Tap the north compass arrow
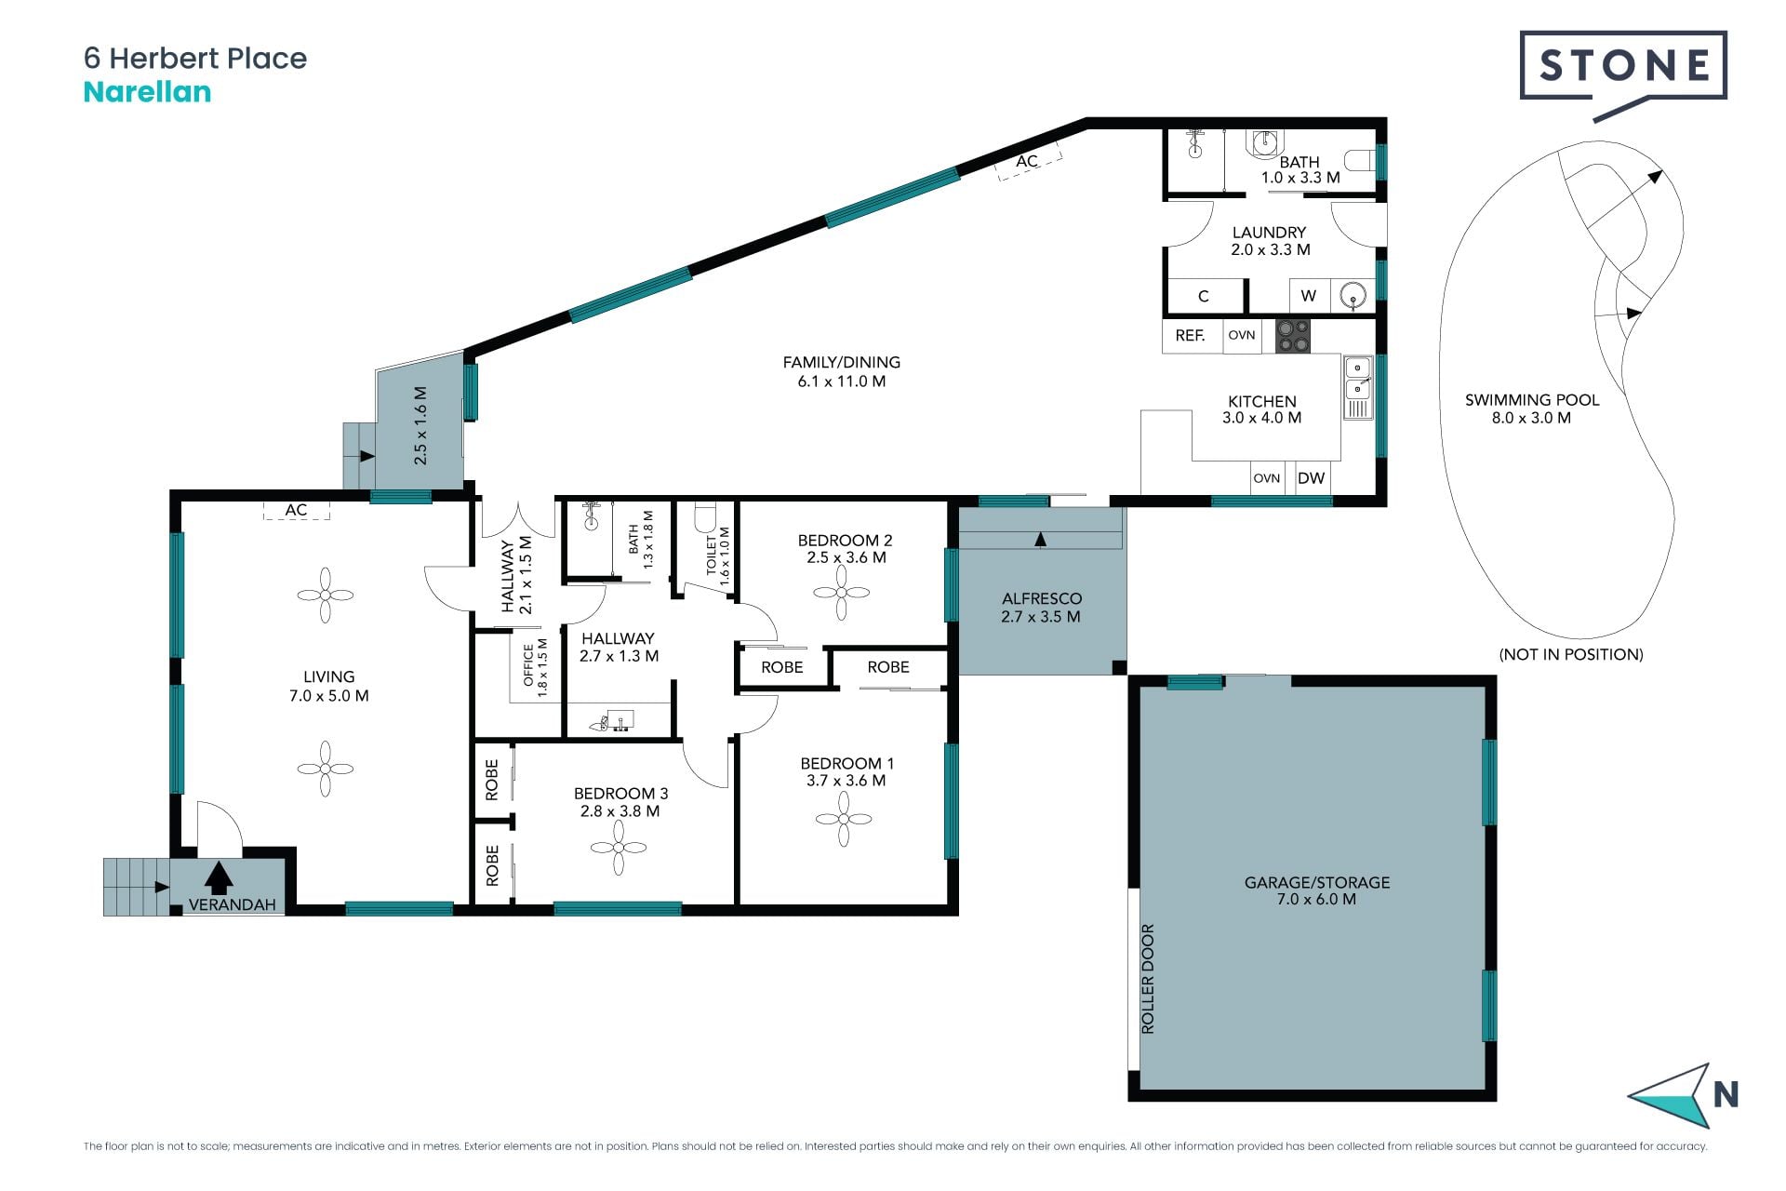[x=1671, y=1096]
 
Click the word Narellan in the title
[x=147, y=92]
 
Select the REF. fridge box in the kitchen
[x=1191, y=336]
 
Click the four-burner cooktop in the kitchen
[x=1293, y=336]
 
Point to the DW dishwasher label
[x=1311, y=478]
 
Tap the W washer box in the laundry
[x=1309, y=296]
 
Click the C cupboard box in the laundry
[x=1205, y=296]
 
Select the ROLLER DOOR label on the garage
[x=1148, y=979]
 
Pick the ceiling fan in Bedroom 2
[x=841, y=592]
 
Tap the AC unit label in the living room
[x=296, y=510]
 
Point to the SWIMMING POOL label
[x=1532, y=400]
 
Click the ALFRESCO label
[x=1042, y=599]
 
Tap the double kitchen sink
[x=1358, y=378]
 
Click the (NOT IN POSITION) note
[x=1571, y=654]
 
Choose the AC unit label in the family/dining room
[x=1027, y=161]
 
